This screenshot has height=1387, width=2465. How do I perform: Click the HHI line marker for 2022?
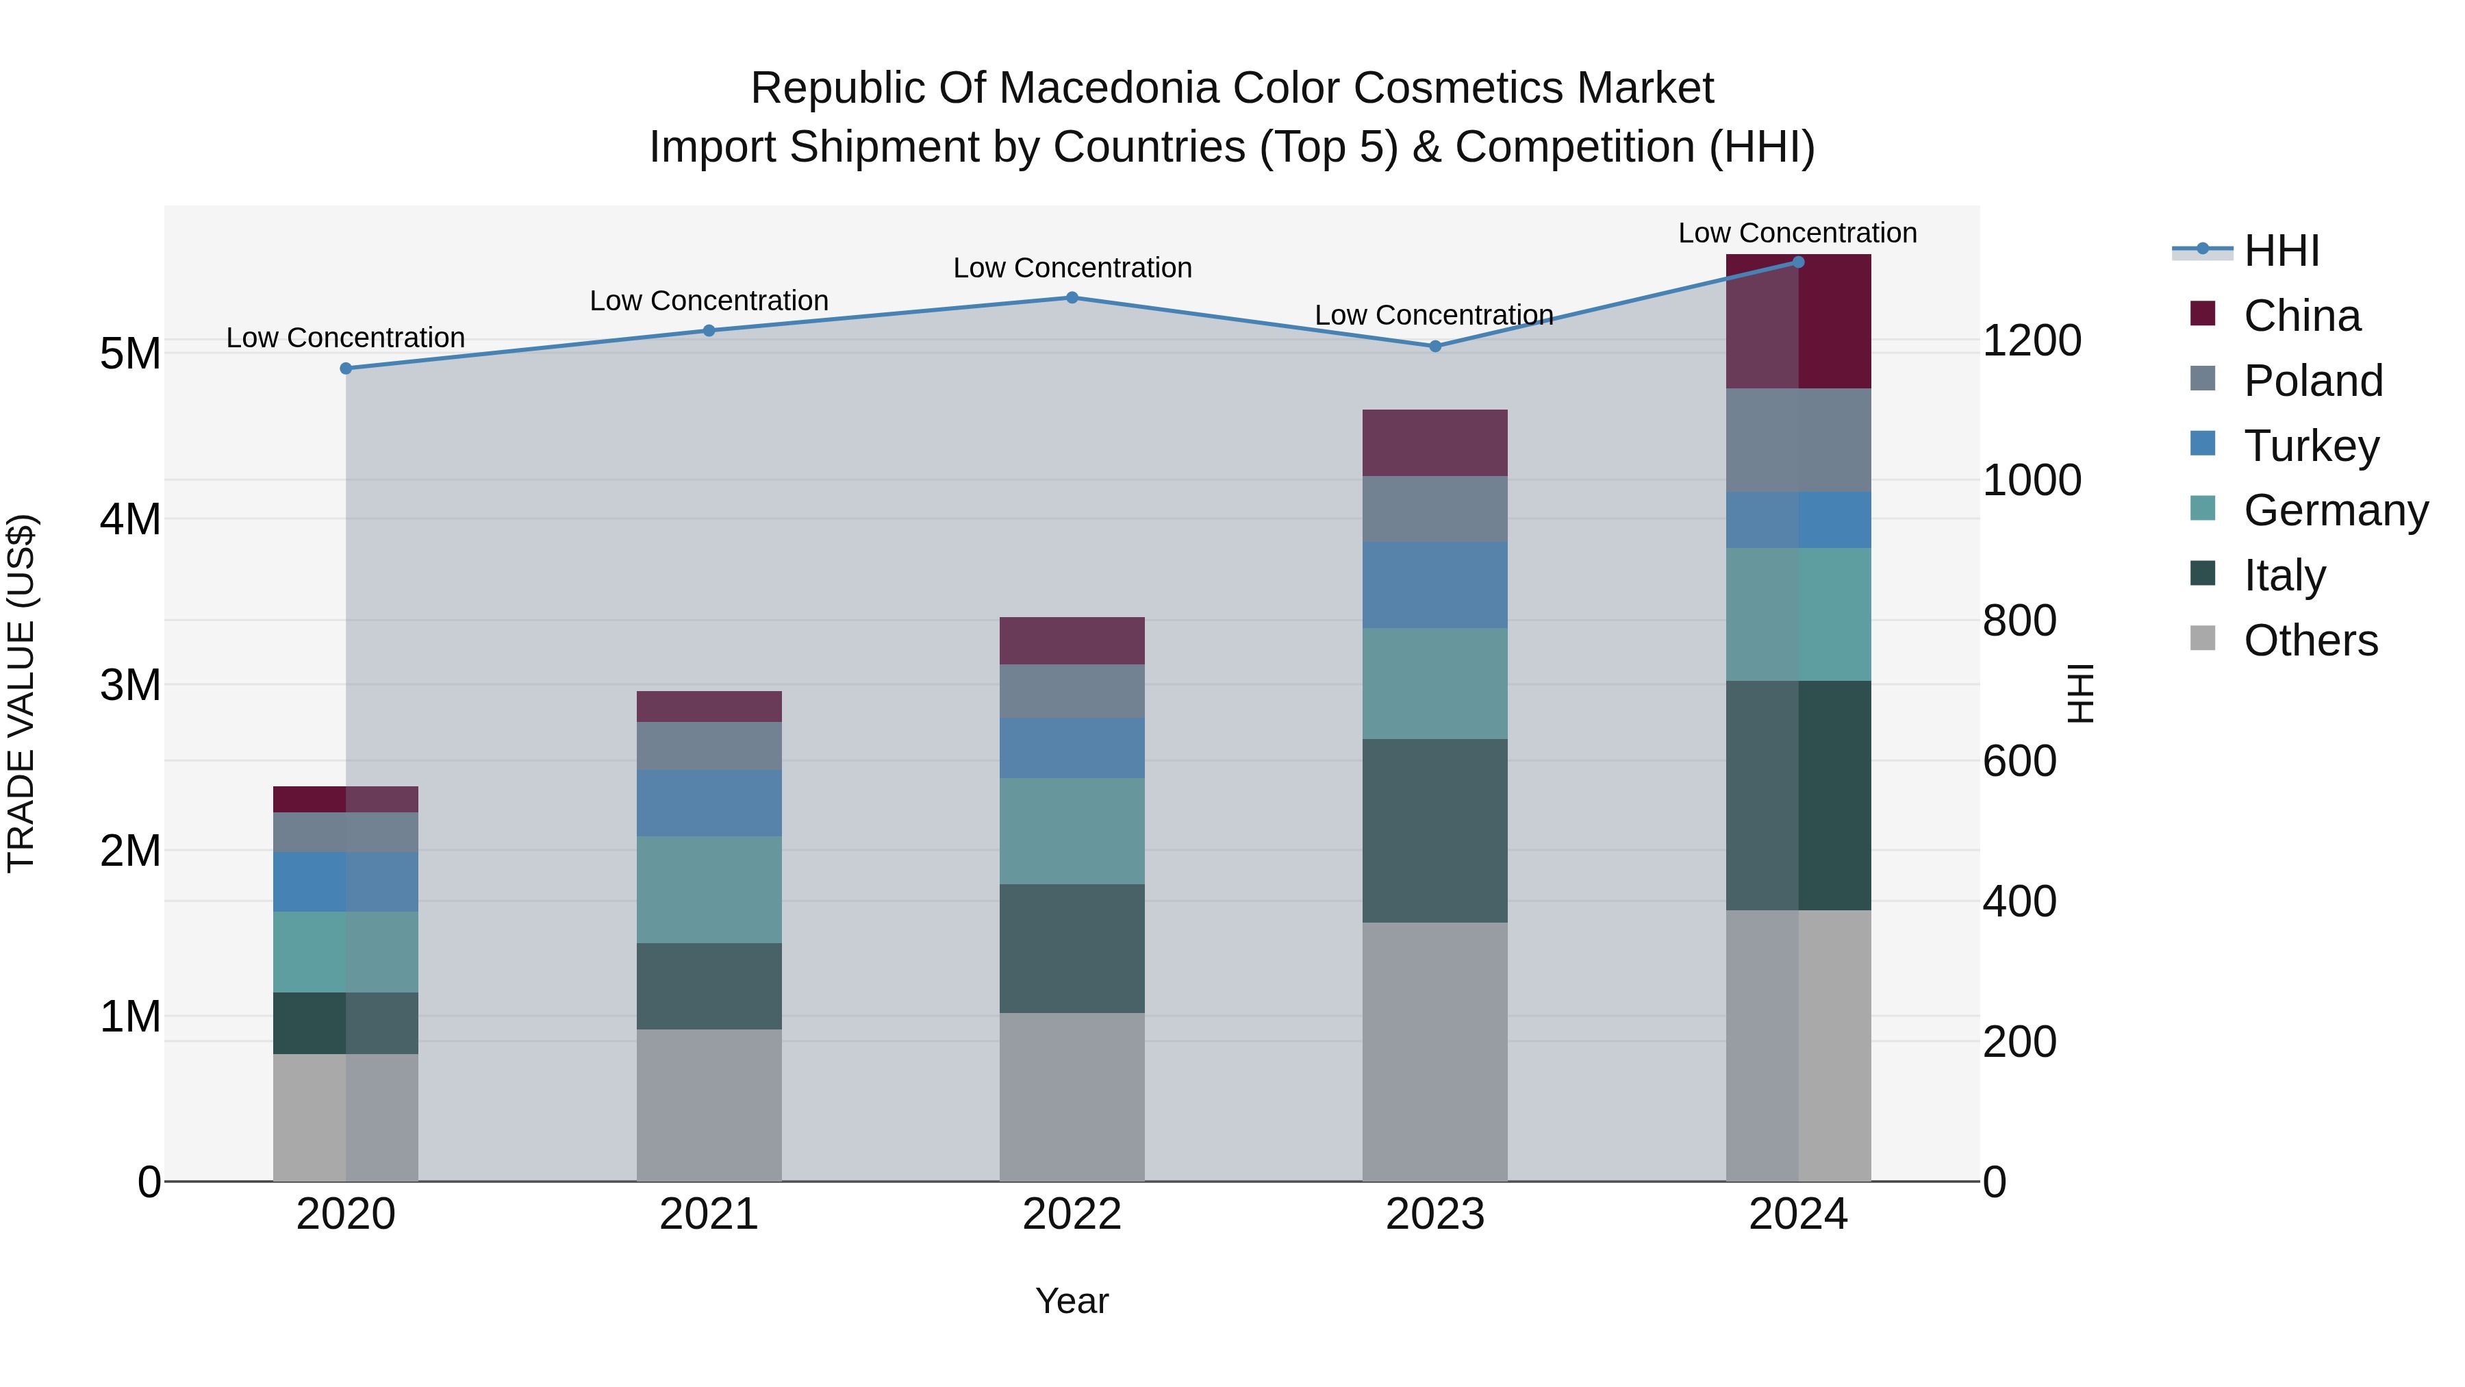click(x=1072, y=298)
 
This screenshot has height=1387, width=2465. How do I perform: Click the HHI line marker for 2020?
click(x=346, y=368)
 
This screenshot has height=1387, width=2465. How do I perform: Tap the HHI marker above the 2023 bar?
click(x=1434, y=346)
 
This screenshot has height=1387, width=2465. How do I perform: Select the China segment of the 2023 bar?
click(x=1434, y=442)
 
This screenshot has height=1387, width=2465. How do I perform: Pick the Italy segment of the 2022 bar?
click(x=1072, y=948)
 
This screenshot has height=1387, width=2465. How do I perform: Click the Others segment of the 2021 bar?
click(x=709, y=1105)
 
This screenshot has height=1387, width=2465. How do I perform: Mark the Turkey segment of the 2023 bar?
click(x=1434, y=585)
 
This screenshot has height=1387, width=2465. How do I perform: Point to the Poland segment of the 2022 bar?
click(x=1072, y=691)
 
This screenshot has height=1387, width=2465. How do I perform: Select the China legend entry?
click(x=2301, y=316)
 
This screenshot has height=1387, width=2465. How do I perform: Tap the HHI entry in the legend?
click(x=2280, y=251)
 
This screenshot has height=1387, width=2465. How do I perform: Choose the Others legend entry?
click(x=2309, y=640)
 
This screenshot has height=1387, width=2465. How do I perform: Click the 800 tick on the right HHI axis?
click(x=2019, y=621)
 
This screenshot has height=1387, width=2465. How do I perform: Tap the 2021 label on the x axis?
click(x=709, y=1214)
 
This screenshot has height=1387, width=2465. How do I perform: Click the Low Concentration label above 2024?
click(x=1797, y=233)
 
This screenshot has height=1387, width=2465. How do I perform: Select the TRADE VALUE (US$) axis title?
click(x=21, y=693)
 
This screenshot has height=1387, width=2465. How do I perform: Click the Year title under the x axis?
click(x=1072, y=1301)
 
